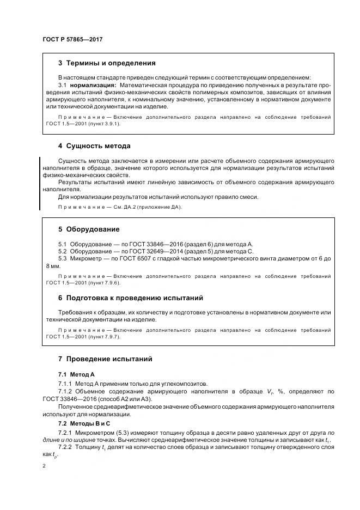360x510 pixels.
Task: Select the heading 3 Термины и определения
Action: [106, 63]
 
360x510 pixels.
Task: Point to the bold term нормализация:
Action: [93, 86]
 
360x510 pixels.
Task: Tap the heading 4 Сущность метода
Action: [94, 146]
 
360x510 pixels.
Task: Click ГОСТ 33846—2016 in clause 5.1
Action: [143, 244]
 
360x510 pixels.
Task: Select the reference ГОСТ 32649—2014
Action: [143, 251]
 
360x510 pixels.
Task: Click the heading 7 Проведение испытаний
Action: [105, 359]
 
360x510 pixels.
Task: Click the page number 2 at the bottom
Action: [44, 466]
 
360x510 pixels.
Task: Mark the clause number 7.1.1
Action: [65, 384]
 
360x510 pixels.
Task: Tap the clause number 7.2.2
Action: [65, 447]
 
